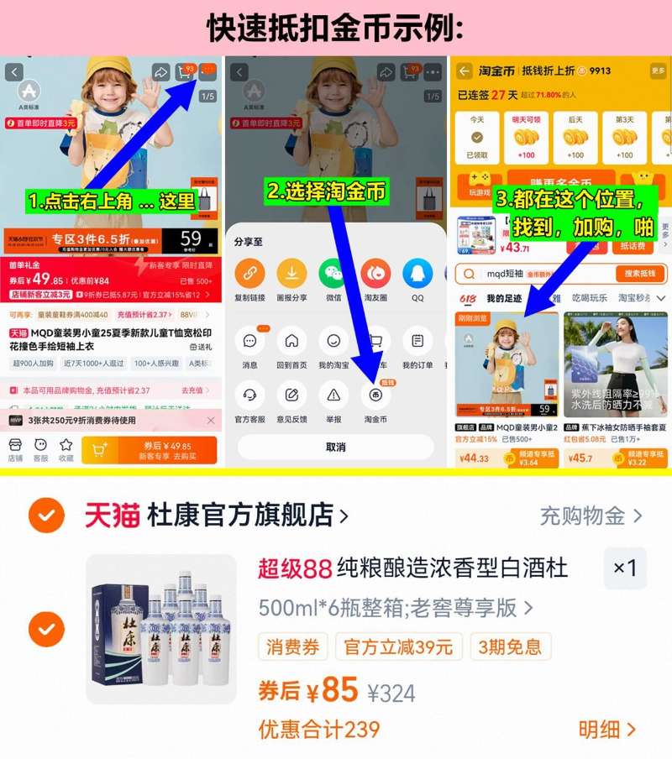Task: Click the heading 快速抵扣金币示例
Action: (x=336, y=27)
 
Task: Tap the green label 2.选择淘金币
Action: (x=327, y=191)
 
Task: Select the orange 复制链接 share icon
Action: (x=249, y=274)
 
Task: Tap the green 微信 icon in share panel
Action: (x=333, y=274)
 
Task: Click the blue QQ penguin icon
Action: (x=417, y=274)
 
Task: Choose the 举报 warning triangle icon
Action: (x=333, y=395)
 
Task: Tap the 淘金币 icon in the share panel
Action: (x=375, y=395)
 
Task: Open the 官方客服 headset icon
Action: (x=249, y=395)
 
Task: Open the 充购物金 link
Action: (x=591, y=516)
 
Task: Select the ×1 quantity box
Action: (x=625, y=568)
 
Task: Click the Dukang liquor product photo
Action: (x=161, y=629)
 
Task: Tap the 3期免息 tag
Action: (x=510, y=646)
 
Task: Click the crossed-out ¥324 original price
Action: (x=391, y=693)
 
